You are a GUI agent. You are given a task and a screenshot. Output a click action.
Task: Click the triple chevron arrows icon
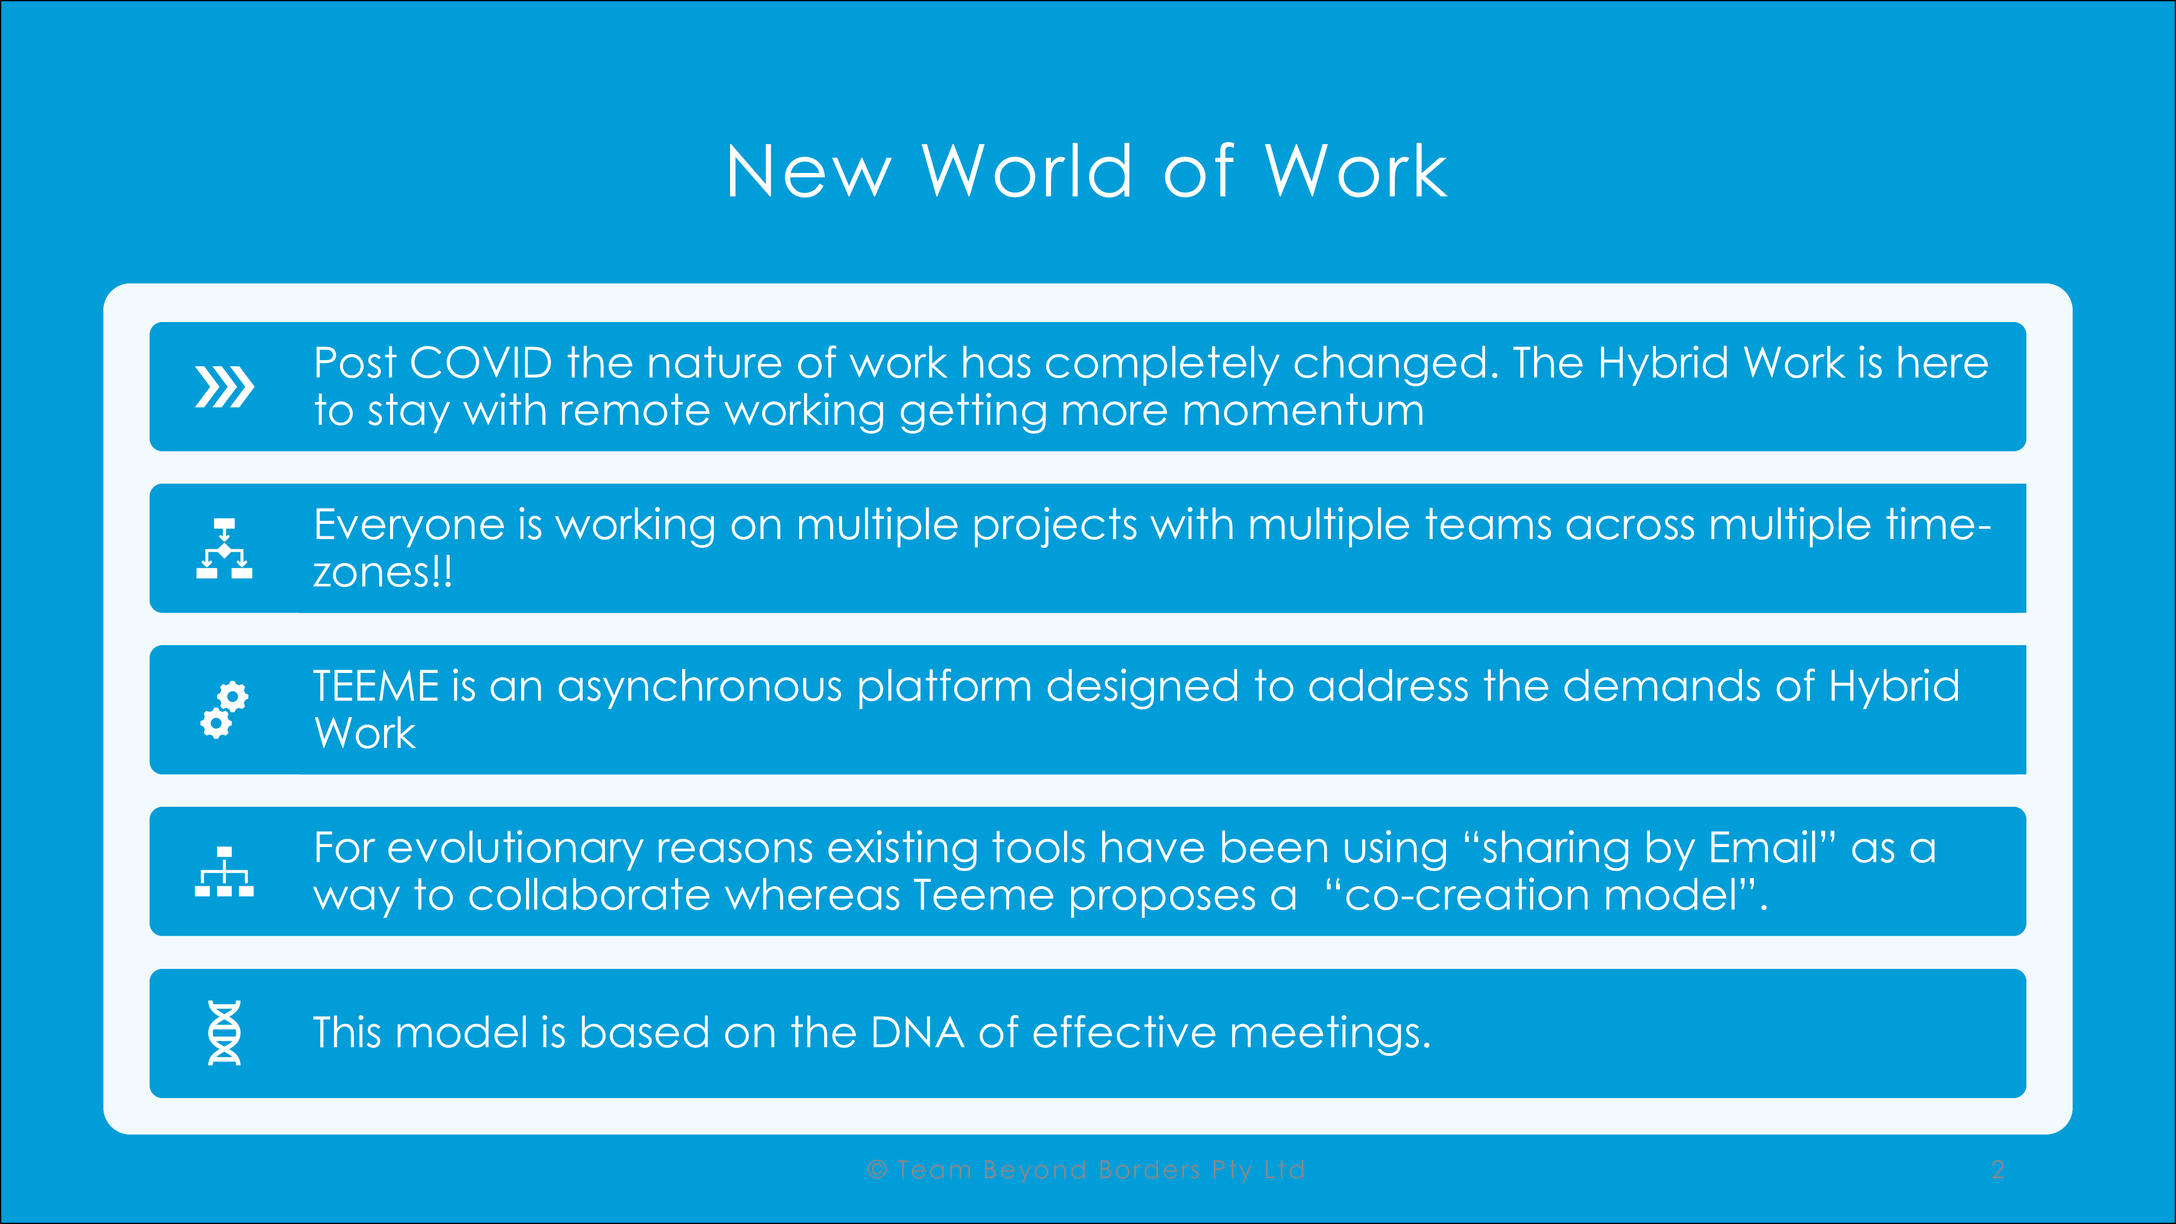point(224,387)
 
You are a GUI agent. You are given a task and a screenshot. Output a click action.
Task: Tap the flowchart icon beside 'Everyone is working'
point(224,548)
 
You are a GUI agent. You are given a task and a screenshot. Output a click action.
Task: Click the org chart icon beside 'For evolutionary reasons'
point(224,871)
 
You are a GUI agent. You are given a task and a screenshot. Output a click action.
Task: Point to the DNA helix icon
point(224,1033)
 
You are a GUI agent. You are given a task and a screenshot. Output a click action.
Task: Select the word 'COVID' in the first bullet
point(481,363)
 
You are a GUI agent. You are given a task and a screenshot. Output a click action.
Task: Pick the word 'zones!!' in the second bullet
point(382,573)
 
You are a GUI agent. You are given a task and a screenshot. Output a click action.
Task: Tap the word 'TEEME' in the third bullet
point(376,686)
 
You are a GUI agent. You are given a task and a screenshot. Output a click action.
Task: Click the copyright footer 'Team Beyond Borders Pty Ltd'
point(1102,1170)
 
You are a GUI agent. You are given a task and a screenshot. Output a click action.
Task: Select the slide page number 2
point(1998,1170)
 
